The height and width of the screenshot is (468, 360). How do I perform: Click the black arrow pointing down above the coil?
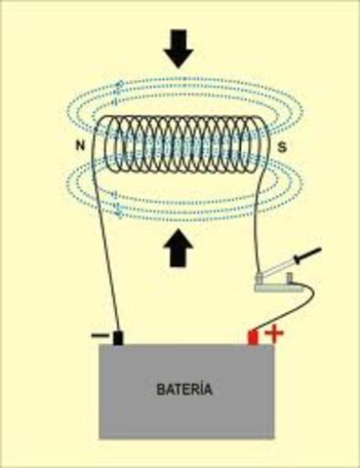[x=179, y=48]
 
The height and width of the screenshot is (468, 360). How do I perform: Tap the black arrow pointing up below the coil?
[x=179, y=251]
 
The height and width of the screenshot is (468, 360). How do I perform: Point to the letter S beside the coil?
[x=281, y=148]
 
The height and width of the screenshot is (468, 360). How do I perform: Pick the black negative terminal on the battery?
[x=119, y=338]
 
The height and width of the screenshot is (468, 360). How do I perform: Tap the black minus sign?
[x=100, y=335]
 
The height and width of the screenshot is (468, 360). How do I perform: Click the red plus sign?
[x=274, y=334]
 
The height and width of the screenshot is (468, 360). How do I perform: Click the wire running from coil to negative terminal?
[x=106, y=253]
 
